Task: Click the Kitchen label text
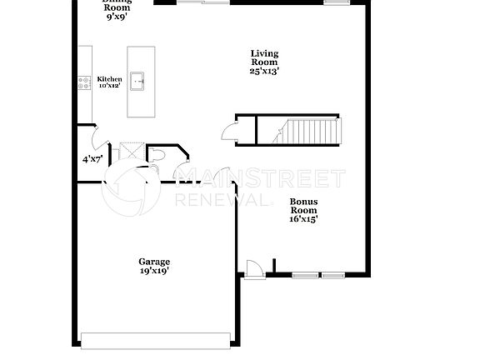click(x=109, y=79)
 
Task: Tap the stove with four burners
click(x=84, y=82)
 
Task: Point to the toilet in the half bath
click(x=159, y=153)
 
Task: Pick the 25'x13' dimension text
click(x=264, y=71)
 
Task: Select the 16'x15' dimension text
click(x=302, y=219)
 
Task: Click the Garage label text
click(x=154, y=262)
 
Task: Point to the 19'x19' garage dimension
click(x=154, y=272)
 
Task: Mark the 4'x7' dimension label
click(x=92, y=158)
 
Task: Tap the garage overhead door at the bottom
click(x=155, y=339)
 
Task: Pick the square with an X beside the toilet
click(x=132, y=152)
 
